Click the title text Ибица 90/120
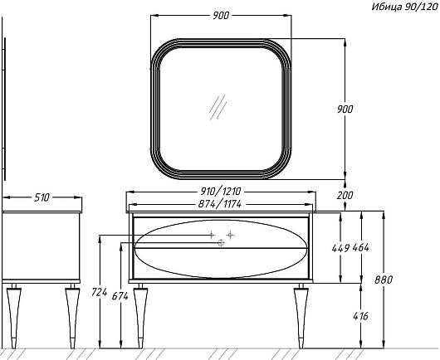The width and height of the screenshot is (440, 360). (404, 7)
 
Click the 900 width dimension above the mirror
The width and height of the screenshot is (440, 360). (221, 16)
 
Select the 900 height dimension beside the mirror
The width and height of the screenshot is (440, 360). (345, 109)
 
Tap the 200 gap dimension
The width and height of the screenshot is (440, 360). (345, 195)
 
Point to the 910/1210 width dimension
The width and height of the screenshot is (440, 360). (221, 192)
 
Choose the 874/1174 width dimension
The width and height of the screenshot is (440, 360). (220, 204)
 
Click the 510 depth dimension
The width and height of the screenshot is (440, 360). (42, 197)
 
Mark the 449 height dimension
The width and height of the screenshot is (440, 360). (340, 248)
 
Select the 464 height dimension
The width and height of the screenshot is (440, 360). (361, 247)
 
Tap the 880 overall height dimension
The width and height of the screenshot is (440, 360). (384, 280)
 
